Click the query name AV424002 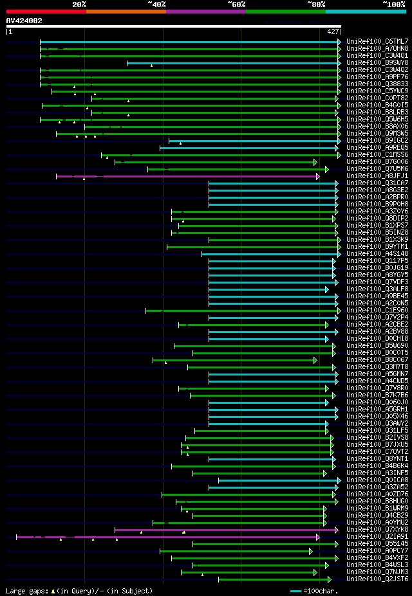24,21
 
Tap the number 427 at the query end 333,32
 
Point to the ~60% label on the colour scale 236,5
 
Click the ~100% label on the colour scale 394,5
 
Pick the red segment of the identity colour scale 46,11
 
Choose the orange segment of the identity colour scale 126,11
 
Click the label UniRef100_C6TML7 377,41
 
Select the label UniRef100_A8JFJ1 377,176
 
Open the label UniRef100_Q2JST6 377,579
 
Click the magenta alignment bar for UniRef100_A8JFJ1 187,176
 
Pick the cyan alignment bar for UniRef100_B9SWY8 232,63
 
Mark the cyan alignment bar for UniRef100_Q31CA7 270,183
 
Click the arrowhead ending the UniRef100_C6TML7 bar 339,42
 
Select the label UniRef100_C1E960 377,310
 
